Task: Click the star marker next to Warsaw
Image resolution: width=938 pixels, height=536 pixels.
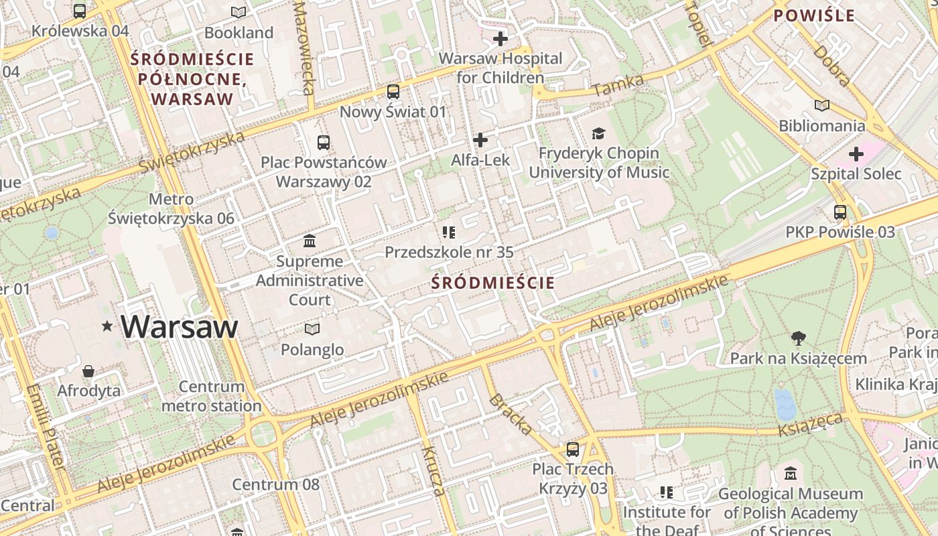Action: pos(107,326)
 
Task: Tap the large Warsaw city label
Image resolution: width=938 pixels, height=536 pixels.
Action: pos(180,326)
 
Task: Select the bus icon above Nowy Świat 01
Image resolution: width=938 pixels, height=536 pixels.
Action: pos(393,92)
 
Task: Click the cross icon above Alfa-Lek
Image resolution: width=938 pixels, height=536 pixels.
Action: pos(480,140)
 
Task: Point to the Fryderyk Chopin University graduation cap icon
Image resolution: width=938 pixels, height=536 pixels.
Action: pos(598,133)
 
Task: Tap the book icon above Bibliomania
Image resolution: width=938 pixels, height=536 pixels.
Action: pos(822,105)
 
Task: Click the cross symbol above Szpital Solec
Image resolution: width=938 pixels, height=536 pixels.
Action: pos(856,155)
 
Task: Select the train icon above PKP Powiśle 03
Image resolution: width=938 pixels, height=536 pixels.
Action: pos(840,212)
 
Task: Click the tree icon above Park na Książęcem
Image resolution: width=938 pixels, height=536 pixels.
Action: pos(798,338)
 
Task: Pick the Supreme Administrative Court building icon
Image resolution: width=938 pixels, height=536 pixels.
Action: pos(310,241)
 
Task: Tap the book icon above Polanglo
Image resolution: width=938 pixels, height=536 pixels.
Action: pos(312,329)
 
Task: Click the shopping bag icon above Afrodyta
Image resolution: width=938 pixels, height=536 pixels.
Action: pos(88,371)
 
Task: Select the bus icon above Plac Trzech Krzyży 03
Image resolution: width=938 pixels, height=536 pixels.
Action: pos(573,449)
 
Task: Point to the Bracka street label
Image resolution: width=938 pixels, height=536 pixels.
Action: pos(511,414)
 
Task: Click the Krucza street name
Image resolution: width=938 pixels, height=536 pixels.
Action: pos(433,470)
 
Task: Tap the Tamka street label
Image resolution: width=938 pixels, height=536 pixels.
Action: pos(618,86)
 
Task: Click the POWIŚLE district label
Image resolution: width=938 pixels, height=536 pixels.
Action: pos(814,15)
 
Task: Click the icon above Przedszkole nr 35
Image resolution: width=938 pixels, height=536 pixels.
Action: pos(449,232)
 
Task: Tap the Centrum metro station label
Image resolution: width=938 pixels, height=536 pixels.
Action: pos(212,396)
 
